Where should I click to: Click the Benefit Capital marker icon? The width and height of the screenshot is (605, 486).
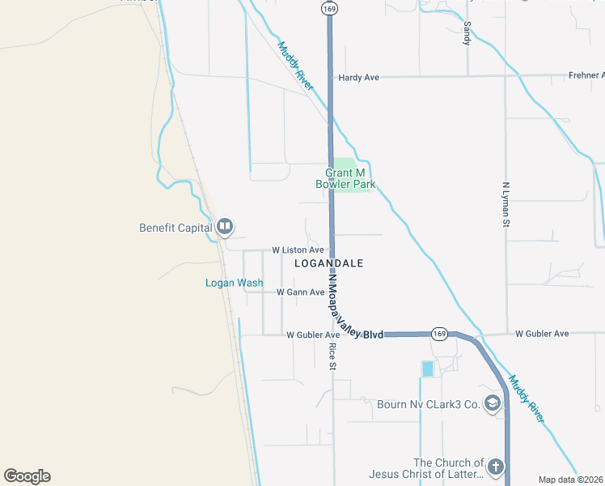pos(225,227)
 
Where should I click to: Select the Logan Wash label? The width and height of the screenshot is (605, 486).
pos(234,283)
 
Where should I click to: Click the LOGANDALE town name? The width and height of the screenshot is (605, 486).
pos(328,264)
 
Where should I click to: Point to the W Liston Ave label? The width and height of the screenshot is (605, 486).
pos(298,250)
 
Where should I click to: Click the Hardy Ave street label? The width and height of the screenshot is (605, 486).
pos(359,78)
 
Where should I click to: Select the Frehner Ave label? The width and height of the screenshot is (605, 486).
pos(586,76)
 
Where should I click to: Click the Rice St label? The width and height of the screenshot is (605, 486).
pos(332,356)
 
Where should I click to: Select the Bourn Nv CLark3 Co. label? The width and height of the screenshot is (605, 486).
pos(429,404)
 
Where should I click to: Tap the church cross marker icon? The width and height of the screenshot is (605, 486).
pos(496,467)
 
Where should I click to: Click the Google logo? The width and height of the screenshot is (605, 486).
pos(27,476)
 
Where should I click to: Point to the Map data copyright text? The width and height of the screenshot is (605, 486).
pos(571,480)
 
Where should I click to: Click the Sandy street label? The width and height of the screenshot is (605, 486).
pos(467,32)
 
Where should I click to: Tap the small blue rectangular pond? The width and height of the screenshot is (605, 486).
pos(427,369)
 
